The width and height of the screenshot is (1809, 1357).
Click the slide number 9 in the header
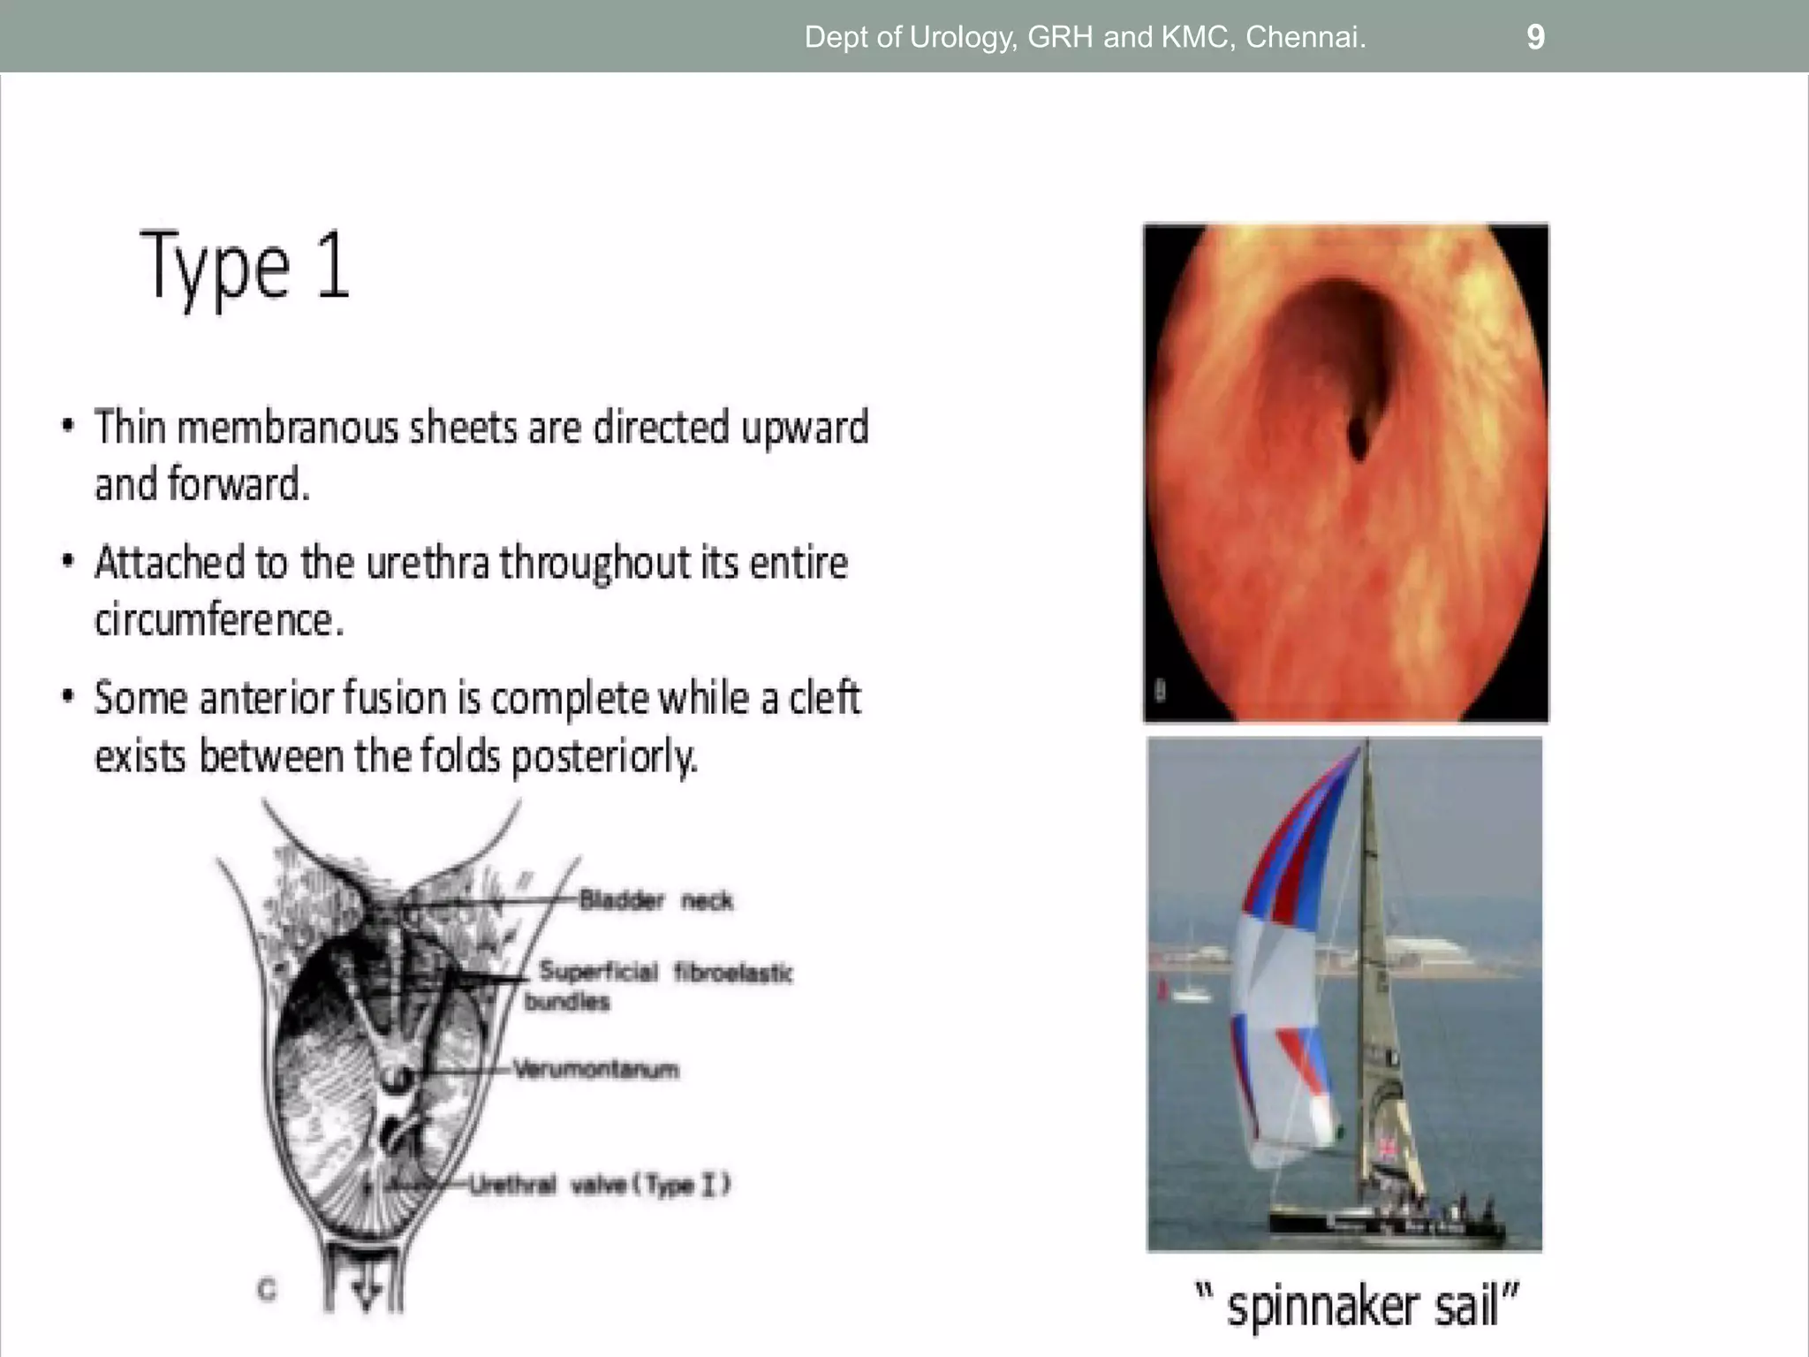pos(1535,37)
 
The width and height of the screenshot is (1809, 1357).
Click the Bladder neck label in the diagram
pos(655,900)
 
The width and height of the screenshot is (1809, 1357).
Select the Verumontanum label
pos(596,1069)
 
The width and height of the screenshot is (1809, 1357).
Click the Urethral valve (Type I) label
pos(600,1184)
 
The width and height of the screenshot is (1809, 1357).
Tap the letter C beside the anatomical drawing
pos(267,1290)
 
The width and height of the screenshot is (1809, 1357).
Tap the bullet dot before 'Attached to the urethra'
pos(67,562)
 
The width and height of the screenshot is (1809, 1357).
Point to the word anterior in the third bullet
pos(265,698)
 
